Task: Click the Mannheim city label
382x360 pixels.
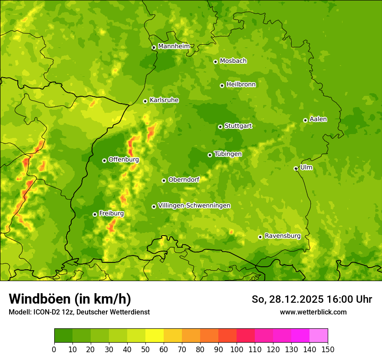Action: click(174, 46)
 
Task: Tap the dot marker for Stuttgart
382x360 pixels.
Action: click(220, 127)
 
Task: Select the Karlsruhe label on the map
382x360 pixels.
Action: click(164, 100)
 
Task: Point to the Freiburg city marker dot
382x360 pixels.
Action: click(95, 214)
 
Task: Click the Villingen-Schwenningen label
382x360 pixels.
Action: click(194, 206)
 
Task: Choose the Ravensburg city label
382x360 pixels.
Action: click(283, 236)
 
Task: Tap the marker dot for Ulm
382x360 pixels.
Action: click(296, 168)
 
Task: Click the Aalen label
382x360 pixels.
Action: click(318, 119)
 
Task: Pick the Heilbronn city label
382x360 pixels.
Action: click(241, 85)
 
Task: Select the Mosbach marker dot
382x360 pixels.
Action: click(215, 62)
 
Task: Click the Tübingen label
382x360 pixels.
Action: click(228, 154)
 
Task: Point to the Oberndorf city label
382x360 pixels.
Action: click(184, 180)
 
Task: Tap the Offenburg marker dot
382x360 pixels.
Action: click(104, 160)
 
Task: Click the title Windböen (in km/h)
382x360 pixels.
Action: click(69, 299)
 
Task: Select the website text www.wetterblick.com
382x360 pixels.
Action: click(313, 312)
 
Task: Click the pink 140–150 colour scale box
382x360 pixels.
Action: click(319, 336)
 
